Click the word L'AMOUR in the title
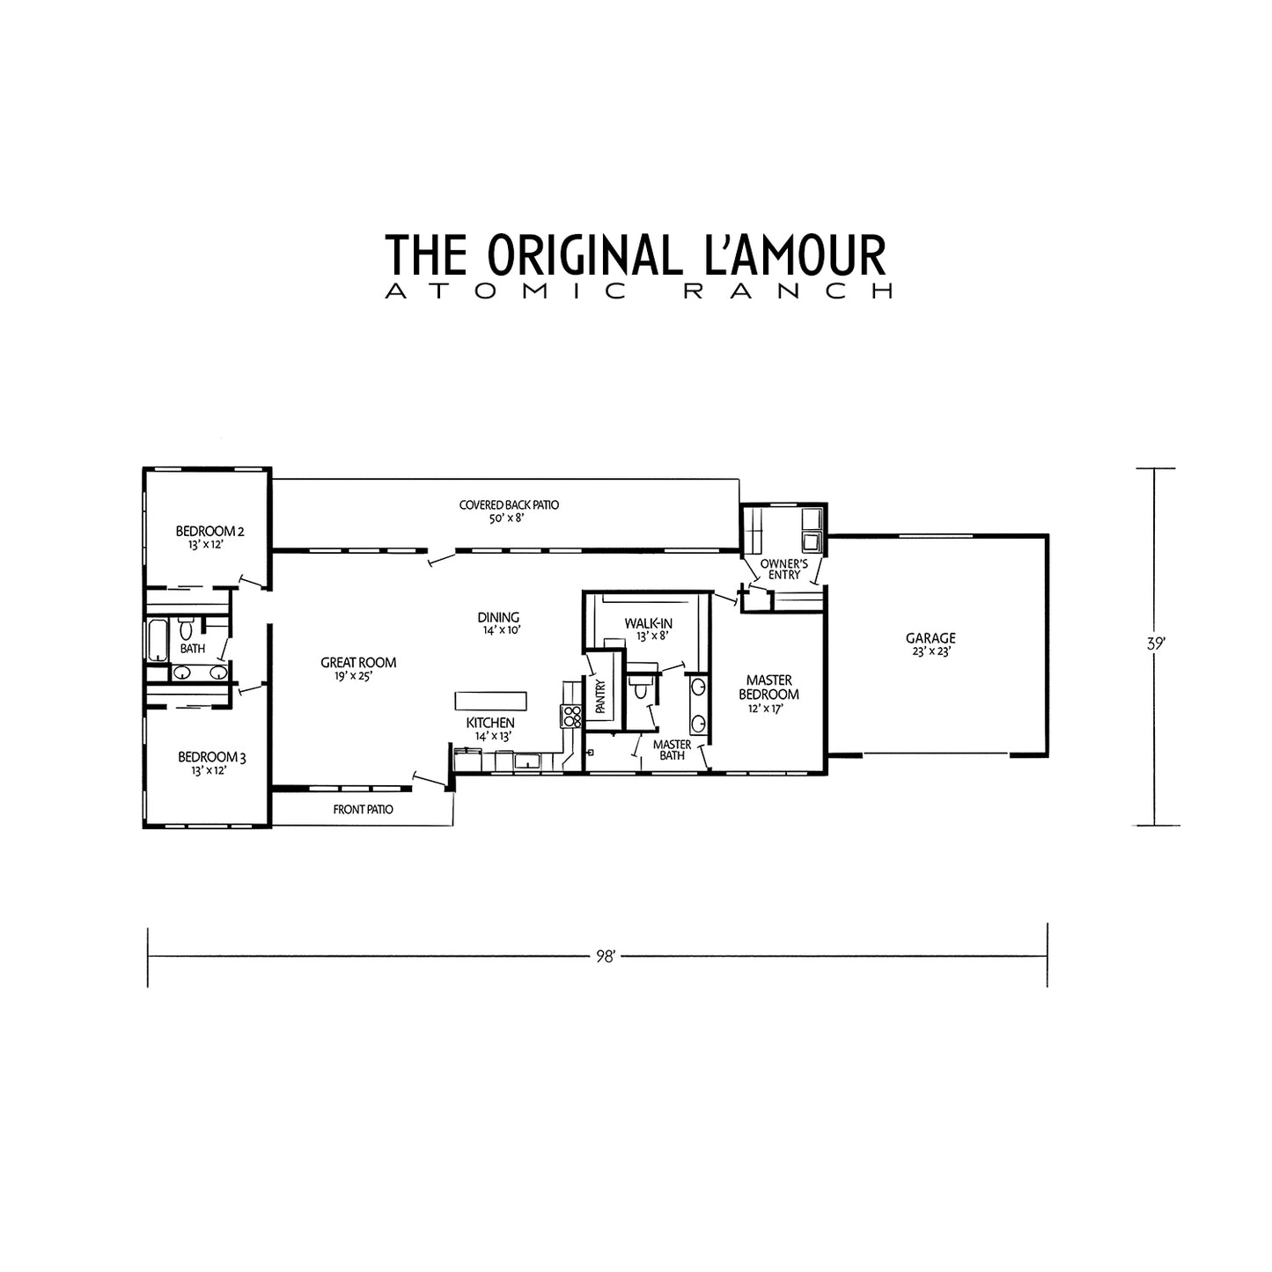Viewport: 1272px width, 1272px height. coord(796,254)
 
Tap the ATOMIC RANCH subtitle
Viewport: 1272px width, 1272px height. coord(639,291)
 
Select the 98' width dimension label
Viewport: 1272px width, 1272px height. coord(606,957)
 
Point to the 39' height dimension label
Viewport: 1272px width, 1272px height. coord(1155,643)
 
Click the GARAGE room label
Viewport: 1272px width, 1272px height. coord(930,638)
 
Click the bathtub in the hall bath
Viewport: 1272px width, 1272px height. coord(158,640)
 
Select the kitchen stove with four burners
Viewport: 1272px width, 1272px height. coord(571,717)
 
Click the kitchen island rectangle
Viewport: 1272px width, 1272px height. coord(490,701)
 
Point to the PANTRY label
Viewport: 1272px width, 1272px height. coord(600,696)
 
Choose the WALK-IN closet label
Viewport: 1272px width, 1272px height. coord(648,623)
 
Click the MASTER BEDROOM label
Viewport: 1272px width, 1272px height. coord(769,687)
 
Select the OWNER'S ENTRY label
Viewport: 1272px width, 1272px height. coord(784,569)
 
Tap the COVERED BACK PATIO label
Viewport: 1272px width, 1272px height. coord(509,505)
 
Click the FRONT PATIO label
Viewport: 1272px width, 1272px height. coord(363,809)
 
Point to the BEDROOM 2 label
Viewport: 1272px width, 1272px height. coord(210,531)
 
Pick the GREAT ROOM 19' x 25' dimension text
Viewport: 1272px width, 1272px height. coord(354,676)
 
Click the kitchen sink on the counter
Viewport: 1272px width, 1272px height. coord(527,761)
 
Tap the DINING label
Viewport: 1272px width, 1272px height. coord(498,618)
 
